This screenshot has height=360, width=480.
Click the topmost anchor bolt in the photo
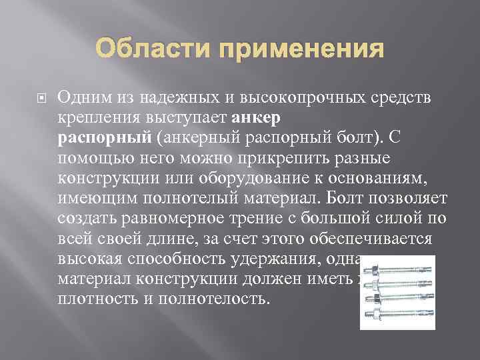[397, 270]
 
